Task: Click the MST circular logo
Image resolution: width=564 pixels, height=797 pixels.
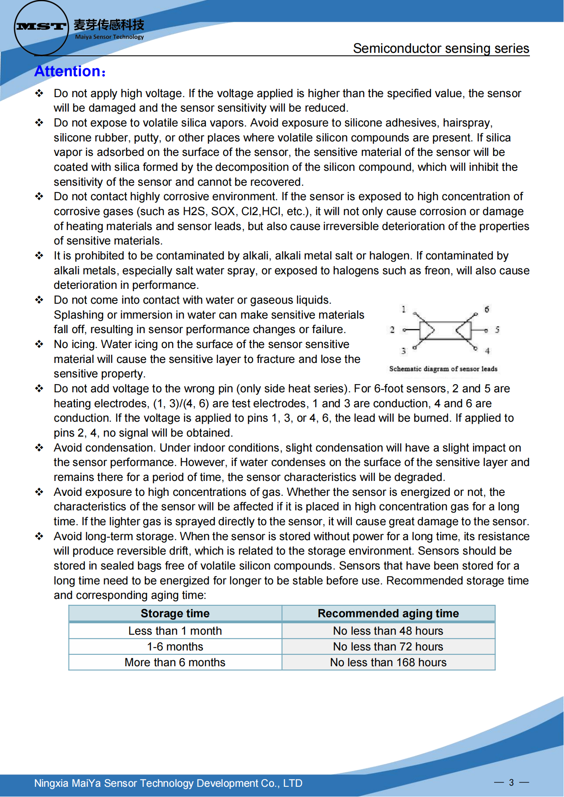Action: click(41, 28)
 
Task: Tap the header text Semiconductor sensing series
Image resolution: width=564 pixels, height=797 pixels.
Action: click(441, 49)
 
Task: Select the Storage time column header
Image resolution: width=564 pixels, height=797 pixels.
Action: click(175, 613)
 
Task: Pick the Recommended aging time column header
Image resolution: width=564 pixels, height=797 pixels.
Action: click(388, 613)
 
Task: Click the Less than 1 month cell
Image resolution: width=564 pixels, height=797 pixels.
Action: click(175, 631)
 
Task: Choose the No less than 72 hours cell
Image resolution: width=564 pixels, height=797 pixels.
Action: click(388, 647)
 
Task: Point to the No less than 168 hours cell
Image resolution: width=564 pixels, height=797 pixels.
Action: click(388, 662)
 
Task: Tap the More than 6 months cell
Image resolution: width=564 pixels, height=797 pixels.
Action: click(175, 662)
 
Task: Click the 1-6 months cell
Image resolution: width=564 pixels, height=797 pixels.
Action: click(175, 647)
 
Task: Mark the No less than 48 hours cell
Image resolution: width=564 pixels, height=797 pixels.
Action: click(388, 631)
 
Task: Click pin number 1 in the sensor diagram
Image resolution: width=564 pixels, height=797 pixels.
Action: click(403, 309)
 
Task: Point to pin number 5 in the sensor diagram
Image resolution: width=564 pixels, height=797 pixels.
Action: click(497, 330)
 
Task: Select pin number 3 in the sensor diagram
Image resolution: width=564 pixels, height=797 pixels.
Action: click(403, 351)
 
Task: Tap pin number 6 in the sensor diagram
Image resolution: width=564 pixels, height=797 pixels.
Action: click(487, 309)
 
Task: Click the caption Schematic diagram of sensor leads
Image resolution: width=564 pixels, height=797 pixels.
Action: click(443, 369)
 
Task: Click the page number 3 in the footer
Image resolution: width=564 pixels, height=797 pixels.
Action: click(511, 783)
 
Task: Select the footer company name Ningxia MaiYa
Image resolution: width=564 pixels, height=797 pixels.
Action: click(168, 783)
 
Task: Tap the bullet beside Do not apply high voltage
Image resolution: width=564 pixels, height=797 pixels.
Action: click(39, 93)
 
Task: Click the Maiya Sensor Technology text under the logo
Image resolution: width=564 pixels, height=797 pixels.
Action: click(109, 37)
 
